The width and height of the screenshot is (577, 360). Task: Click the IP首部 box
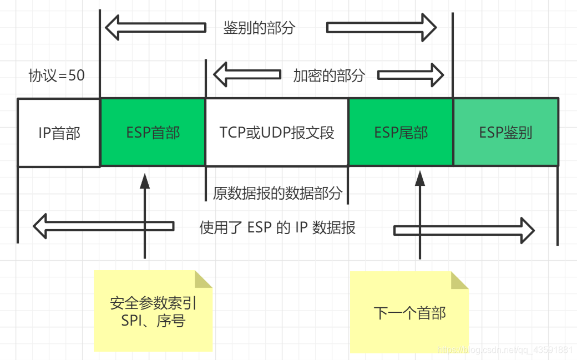click(59, 133)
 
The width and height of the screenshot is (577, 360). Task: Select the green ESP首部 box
click(153, 133)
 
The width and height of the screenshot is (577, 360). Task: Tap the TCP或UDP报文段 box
click(277, 133)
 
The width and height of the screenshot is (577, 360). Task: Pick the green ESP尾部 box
click(401, 133)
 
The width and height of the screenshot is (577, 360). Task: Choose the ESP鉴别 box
click(505, 133)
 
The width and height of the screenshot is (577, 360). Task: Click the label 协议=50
click(57, 76)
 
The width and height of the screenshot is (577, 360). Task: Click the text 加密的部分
click(329, 76)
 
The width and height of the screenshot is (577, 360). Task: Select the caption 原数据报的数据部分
click(278, 194)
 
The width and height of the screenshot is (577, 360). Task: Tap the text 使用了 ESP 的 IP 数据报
click(277, 228)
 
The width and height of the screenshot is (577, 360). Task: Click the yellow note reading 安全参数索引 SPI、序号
click(153, 311)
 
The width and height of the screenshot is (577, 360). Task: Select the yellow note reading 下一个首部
click(409, 313)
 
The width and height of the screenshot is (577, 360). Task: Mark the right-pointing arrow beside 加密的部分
click(411, 75)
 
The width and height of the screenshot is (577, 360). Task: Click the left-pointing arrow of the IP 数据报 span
click(103, 227)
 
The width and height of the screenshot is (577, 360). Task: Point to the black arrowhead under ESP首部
click(145, 181)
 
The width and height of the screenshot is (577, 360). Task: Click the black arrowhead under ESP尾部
click(419, 179)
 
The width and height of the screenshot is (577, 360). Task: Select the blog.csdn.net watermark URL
click(505, 351)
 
